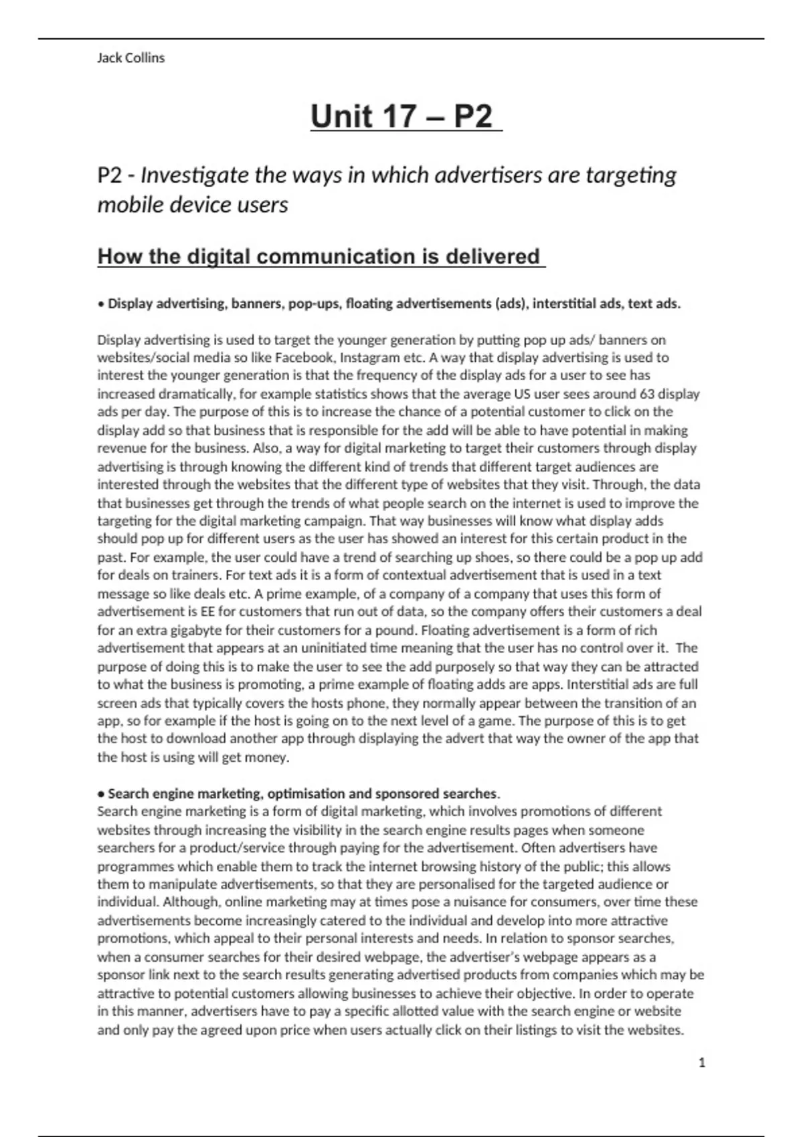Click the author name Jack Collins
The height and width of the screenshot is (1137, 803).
(x=130, y=58)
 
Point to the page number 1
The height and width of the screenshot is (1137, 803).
(x=702, y=1063)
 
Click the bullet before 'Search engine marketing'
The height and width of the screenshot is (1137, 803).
(x=101, y=794)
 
